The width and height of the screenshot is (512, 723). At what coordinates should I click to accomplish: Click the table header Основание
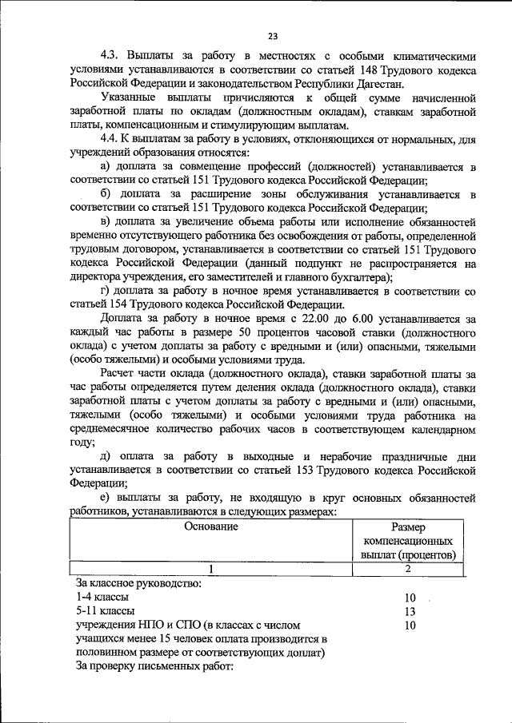point(211,526)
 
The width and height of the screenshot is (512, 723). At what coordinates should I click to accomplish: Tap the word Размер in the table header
point(408,527)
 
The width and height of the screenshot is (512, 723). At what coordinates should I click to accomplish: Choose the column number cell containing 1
point(211,568)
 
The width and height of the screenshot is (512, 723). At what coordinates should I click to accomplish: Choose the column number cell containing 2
point(408,568)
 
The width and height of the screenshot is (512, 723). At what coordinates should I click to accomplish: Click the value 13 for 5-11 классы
point(410,611)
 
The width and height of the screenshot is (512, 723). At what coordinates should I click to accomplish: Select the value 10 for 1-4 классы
point(410,597)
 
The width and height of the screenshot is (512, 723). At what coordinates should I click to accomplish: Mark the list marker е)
point(105,497)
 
